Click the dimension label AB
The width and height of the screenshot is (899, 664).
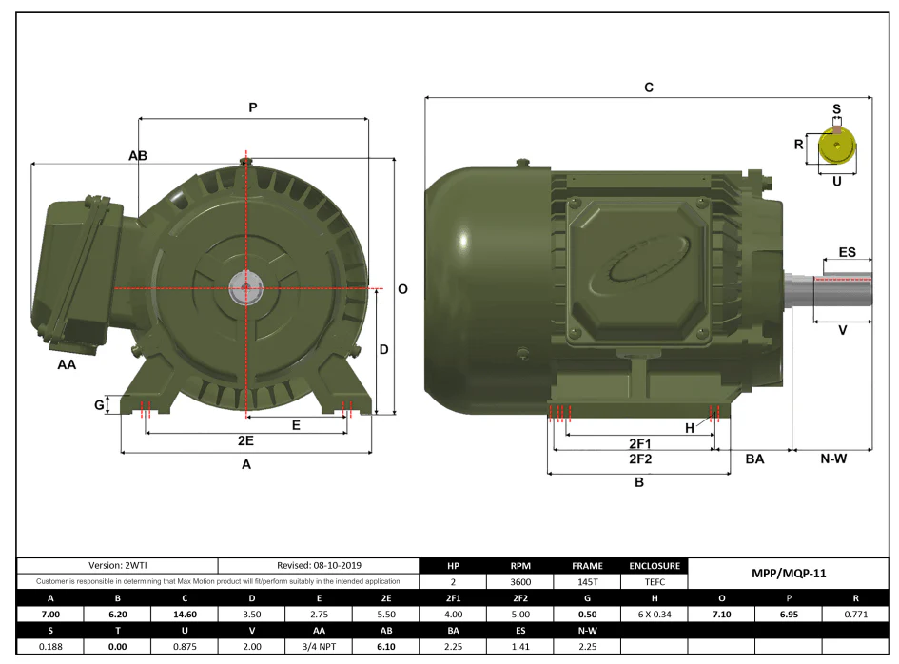tap(138, 156)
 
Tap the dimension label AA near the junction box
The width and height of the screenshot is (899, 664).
tap(67, 364)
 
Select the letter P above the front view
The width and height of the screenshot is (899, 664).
tap(253, 107)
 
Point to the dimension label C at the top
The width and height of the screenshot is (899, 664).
tap(649, 88)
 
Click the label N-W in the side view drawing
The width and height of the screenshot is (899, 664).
tap(833, 459)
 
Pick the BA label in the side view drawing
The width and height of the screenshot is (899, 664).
tap(754, 459)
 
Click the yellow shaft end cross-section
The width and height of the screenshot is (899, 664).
tap(836, 146)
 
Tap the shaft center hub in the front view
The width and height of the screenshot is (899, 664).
tap(245, 288)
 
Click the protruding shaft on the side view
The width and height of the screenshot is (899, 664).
tap(829, 290)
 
